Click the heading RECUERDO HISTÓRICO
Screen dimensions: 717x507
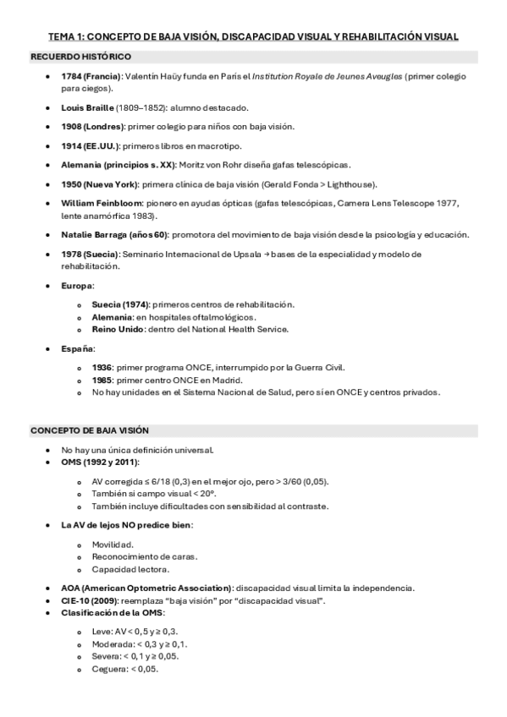[80, 57]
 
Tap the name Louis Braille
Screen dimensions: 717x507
[87, 108]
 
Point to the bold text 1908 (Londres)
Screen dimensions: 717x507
[93, 126]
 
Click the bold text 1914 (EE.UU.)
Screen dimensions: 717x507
[91, 145]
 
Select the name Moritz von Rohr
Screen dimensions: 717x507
[211, 164]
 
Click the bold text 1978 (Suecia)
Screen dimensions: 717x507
[91, 254]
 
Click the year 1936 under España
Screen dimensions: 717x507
[102, 367]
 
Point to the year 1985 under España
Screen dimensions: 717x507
[102, 380]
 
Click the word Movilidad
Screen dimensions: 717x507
[112, 545]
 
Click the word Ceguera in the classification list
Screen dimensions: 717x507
[109, 669]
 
